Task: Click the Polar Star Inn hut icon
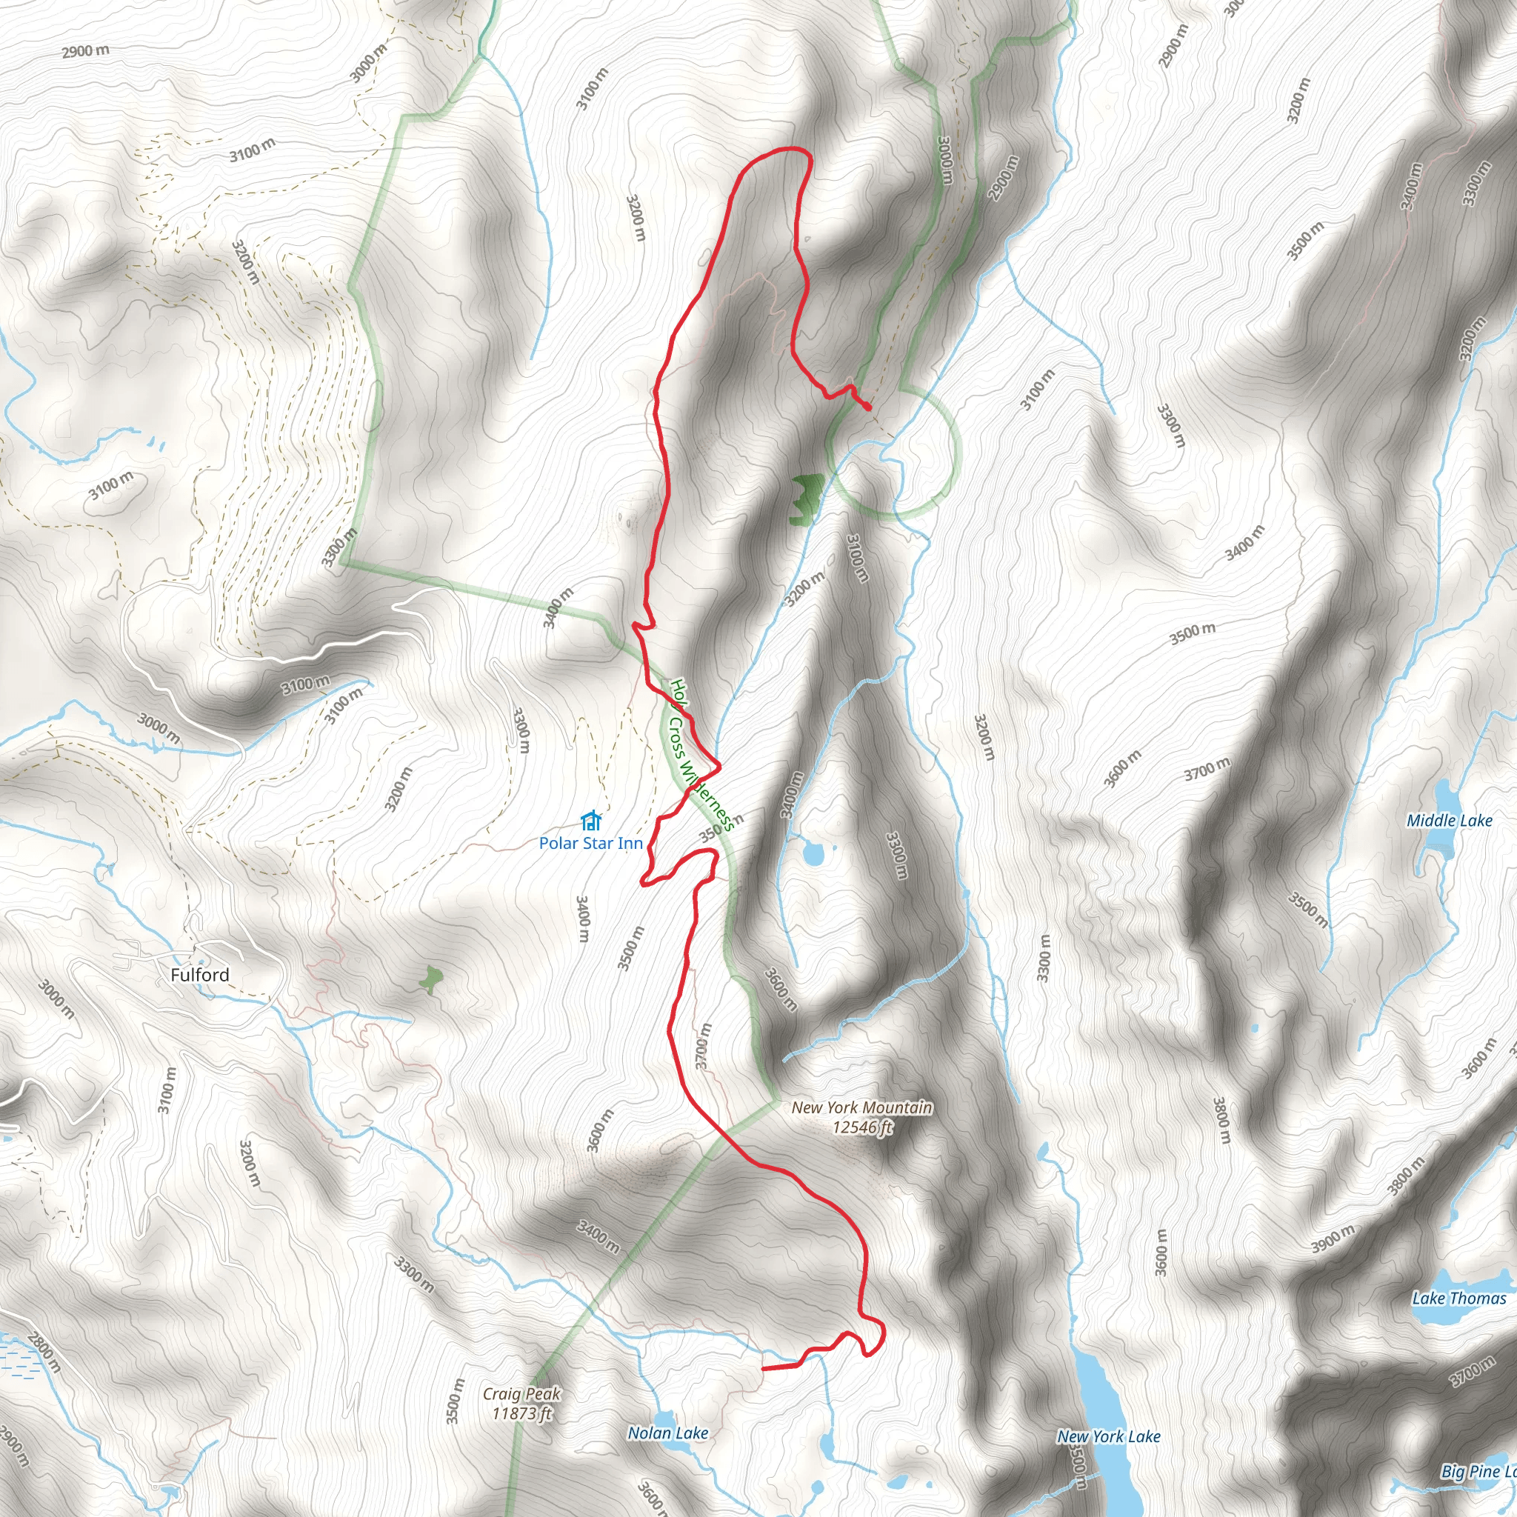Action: pos(590,821)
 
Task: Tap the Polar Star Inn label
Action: pos(590,843)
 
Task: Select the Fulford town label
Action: pos(200,975)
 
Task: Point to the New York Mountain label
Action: pos(861,1107)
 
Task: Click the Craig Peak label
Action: pos(521,1394)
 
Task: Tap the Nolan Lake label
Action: pos(667,1433)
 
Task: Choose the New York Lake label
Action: pos(1108,1436)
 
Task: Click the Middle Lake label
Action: pos(1449,821)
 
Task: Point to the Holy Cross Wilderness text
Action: pos(701,755)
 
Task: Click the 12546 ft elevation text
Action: pos(862,1127)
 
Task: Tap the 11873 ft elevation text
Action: pos(521,1413)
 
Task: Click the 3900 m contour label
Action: pos(1333,1239)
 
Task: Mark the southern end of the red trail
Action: pos(763,1369)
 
